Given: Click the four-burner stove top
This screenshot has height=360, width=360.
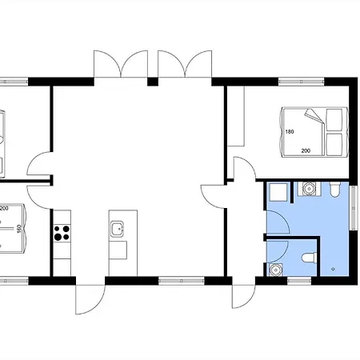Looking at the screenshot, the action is point(62,233).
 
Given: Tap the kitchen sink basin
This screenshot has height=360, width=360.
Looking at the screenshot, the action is point(118,229).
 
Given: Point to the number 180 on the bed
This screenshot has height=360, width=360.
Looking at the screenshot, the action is point(290,131).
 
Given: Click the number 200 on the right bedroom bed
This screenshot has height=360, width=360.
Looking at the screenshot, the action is point(306,150).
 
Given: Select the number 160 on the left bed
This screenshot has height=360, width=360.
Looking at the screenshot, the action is point(19,229).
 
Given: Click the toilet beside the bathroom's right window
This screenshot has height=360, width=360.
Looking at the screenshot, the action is point(335,189).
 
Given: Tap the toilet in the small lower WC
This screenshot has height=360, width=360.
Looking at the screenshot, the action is point(309,258).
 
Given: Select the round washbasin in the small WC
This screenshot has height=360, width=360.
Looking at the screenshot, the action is point(275,270).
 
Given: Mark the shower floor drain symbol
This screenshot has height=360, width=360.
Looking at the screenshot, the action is point(333,269).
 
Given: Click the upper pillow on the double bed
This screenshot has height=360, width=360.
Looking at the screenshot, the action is point(334,120).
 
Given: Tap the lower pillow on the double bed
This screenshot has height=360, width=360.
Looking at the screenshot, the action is point(334,144).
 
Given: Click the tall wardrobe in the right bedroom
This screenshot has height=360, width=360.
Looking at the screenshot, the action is point(236,116).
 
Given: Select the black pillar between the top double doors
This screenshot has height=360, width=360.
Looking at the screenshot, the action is point(153,82).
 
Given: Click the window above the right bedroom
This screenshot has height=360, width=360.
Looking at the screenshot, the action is point(302,82).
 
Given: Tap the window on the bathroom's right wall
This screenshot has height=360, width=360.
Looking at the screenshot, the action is point(354,208).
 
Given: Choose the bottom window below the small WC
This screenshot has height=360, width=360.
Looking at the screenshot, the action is point(299,281).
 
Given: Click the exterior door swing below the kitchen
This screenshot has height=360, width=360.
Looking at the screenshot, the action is point(90,299).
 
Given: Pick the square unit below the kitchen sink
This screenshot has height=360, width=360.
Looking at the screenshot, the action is point(118,250).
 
